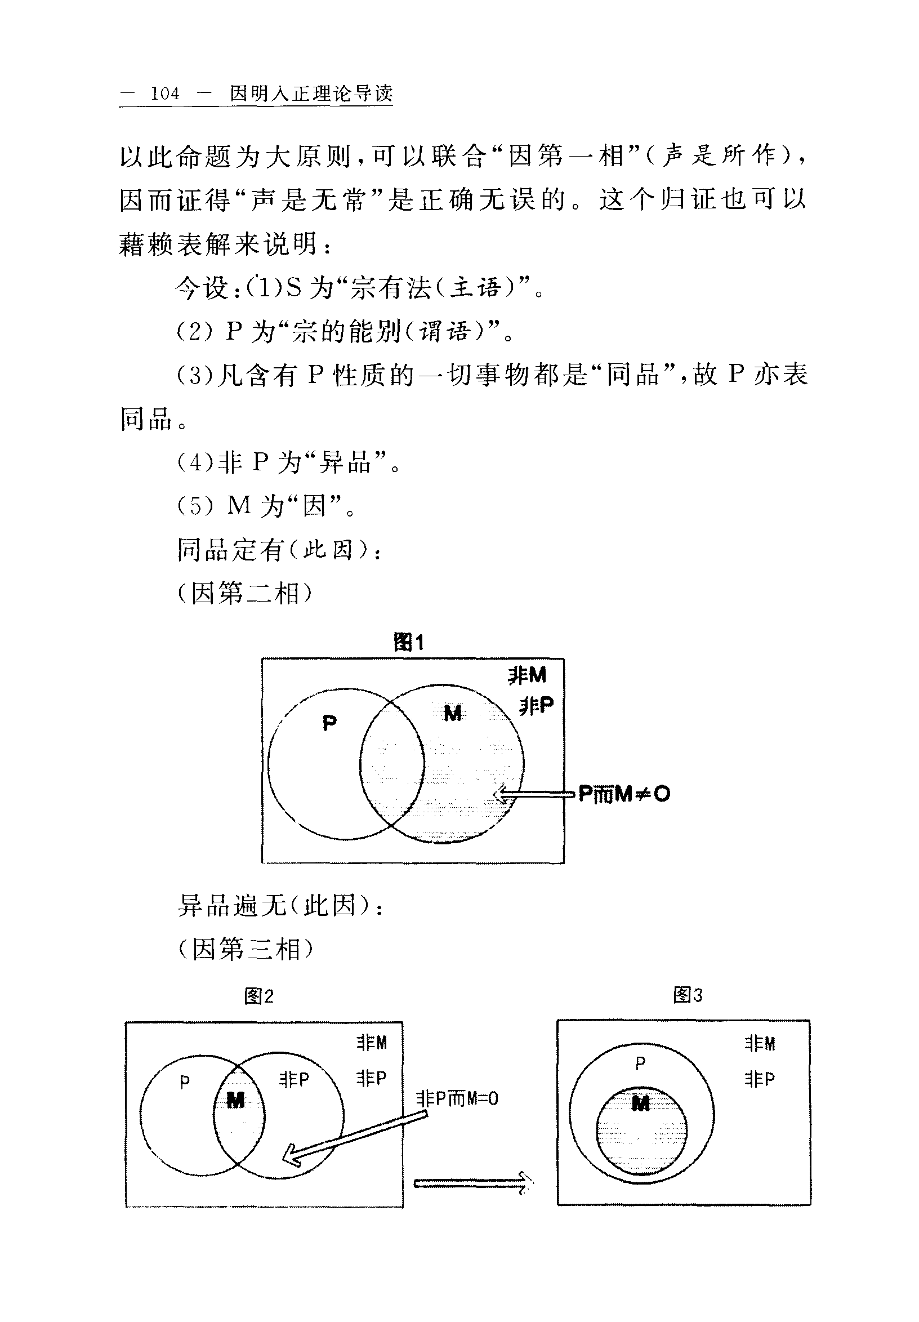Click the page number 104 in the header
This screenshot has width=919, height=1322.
164,94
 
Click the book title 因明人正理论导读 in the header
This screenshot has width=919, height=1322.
311,94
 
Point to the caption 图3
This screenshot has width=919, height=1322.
688,994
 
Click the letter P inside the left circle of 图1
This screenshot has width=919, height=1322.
329,722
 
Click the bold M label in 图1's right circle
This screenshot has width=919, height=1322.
453,714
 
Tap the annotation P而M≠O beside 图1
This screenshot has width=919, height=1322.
624,794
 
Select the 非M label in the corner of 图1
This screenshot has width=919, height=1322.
527,675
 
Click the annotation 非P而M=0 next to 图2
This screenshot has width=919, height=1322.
457,1098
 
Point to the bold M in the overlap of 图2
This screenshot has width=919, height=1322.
235,1100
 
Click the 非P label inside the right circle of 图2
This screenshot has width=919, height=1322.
293,1080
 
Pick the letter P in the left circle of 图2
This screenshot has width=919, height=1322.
185,1083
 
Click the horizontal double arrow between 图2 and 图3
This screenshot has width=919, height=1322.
473,1184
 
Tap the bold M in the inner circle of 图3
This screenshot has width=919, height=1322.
640,1103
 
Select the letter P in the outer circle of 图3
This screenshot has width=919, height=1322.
640,1063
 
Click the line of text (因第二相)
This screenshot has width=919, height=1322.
244,593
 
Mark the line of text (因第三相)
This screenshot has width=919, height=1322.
245,949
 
